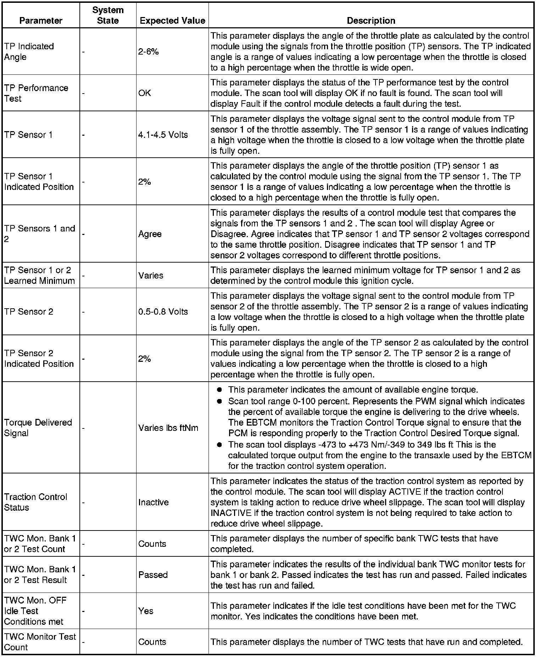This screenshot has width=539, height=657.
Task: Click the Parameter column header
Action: pyautogui.click(x=41, y=21)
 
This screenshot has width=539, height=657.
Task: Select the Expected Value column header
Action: pyautogui.click(x=172, y=21)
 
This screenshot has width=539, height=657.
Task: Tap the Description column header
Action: pyautogui.click(x=371, y=21)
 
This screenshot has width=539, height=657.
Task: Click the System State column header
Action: pyautogui.click(x=108, y=15)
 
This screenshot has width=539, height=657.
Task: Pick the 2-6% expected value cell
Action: pyautogui.click(x=149, y=52)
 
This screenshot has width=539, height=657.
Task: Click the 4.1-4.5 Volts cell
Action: pyautogui.click(x=163, y=135)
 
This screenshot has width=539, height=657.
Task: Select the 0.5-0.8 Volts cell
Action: pyautogui.click(x=163, y=311)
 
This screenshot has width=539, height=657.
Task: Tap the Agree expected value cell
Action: pyautogui.click(x=150, y=234)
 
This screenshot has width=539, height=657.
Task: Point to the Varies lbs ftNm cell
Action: pyautogui.click(x=168, y=428)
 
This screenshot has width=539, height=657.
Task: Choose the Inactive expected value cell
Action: pyautogui.click(x=154, y=502)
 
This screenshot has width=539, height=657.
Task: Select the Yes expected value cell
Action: pyautogui.click(x=146, y=611)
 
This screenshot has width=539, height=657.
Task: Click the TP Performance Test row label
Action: pyautogui.click(x=36, y=93)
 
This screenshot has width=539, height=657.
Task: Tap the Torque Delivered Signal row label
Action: pyautogui.click(x=38, y=428)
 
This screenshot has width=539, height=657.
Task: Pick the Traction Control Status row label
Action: pyautogui.click(x=35, y=502)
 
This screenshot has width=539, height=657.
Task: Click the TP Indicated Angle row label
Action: pyautogui.click(x=29, y=52)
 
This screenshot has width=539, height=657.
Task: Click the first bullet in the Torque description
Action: pyautogui.click(x=220, y=390)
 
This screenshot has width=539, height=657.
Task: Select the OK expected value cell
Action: pyautogui.click(x=145, y=93)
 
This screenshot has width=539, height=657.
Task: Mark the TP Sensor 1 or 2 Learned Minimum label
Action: pyautogui.click(x=39, y=275)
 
